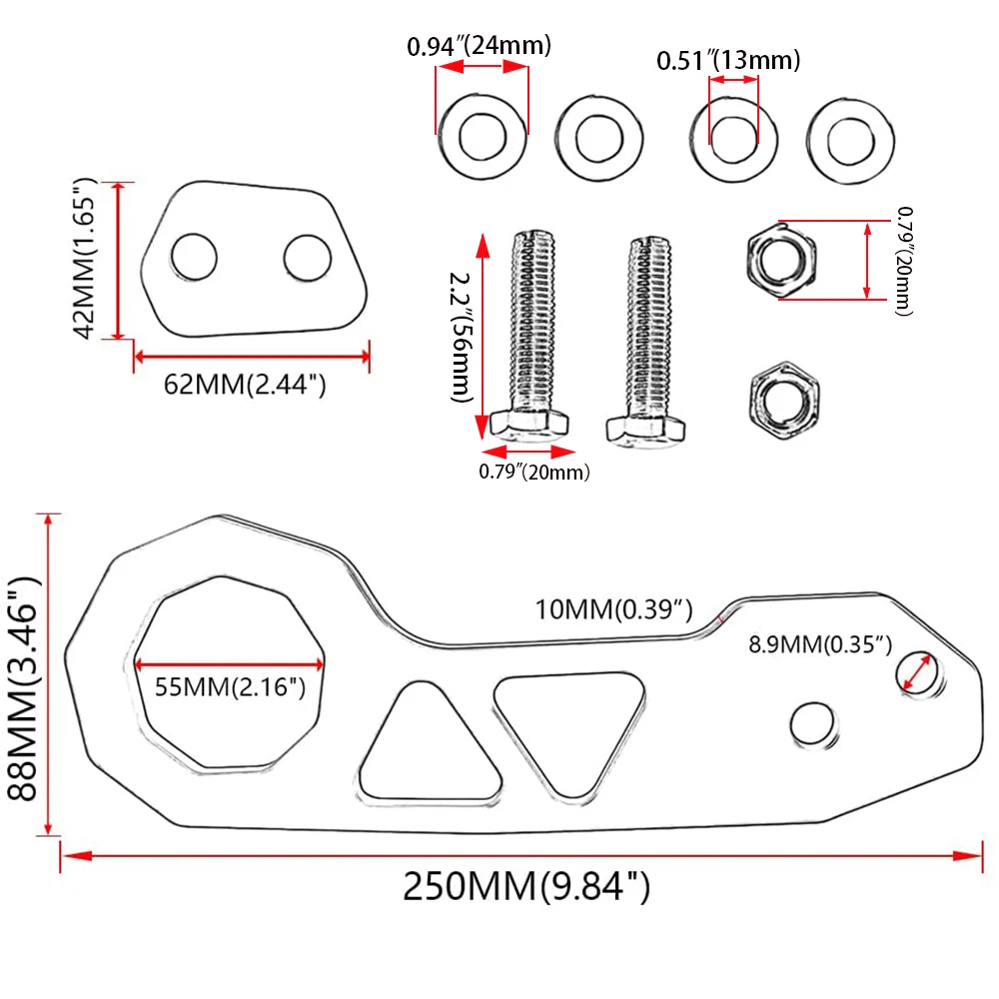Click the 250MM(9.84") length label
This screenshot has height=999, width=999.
point(526,886)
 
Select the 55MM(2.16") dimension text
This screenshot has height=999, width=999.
point(230,686)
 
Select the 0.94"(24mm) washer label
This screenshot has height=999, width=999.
point(480,45)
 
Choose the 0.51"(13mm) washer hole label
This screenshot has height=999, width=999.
point(728,60)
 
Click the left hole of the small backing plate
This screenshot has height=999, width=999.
point(194,258)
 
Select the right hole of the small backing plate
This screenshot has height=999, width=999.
point(307,258)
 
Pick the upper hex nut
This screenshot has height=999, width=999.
point(778,259)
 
